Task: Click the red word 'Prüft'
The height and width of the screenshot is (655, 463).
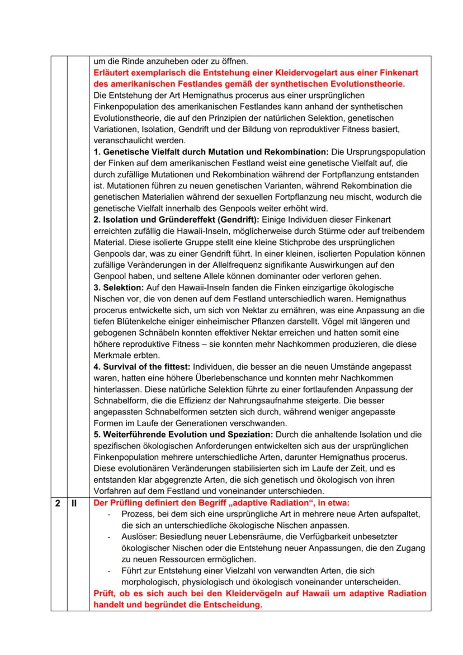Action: click(x=104, y=593)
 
